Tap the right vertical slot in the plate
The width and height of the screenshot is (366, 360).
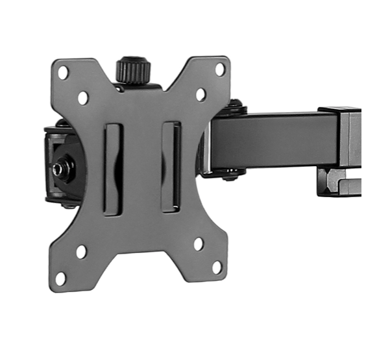171,167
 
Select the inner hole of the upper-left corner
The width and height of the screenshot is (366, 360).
83,98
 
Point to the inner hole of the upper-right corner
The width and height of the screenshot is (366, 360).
201,95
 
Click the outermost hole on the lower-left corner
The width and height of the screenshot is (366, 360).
60,278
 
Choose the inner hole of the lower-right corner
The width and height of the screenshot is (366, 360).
198,244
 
